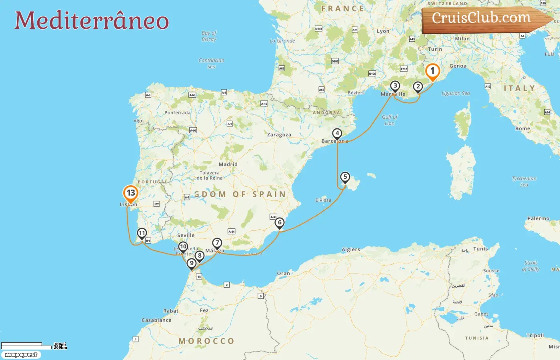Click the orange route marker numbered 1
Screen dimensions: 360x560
coord(432,72)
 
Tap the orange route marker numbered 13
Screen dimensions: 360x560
coord(130,193)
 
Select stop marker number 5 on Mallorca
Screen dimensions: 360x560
coord(345,177)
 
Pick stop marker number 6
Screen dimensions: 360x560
coord(280,223)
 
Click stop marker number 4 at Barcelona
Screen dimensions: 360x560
coord(337,134)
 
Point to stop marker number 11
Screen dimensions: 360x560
coord(142,233)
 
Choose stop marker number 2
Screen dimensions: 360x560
coord(418,86)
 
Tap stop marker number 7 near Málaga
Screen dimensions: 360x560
coord(217,243)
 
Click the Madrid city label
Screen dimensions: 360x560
coord(228,164)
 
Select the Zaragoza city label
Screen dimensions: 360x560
coord(279,135)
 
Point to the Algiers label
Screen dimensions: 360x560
coord(351,250)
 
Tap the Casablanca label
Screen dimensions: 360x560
coord(156,320)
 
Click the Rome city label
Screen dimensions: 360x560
coord(523,128)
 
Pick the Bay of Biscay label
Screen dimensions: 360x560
coord(209,36)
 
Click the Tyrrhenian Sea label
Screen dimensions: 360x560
coord(524,182)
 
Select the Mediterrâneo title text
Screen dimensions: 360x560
coord(92,21)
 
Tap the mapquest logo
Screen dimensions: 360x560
coord(21,355)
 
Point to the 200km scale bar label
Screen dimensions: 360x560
coord(60,348)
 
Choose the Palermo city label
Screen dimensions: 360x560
coord(538,218)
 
